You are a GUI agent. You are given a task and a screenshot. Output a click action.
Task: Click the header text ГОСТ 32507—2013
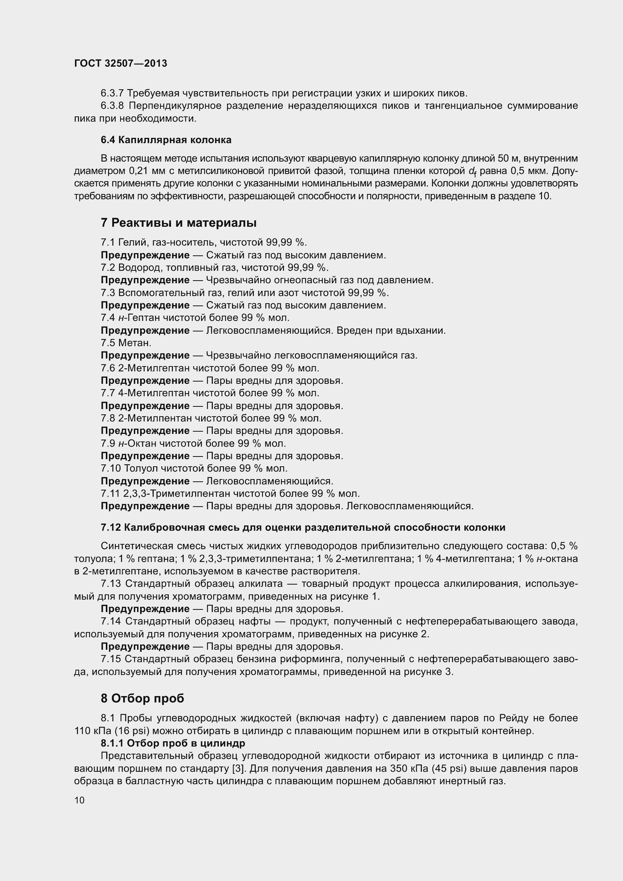tap(121, 63)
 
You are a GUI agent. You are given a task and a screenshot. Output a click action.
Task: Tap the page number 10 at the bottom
tap(79, 800)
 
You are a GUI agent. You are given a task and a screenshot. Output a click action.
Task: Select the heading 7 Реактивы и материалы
tap(179, 223)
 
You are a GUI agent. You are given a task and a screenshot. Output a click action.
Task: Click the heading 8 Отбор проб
tap(142, 698)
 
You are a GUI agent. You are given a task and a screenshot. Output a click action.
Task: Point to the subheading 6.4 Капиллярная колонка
tap(166, 140)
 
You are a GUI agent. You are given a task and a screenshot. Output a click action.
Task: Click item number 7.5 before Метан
tap(108, 343)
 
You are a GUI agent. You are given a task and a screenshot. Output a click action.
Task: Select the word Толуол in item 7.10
tap(141, 468)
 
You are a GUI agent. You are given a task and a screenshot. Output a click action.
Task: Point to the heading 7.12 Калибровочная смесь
tap(303, 527)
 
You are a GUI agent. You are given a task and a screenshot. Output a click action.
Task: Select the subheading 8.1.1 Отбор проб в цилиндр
tap(173, 743)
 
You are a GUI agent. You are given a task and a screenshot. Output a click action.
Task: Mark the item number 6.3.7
tap(111, 93)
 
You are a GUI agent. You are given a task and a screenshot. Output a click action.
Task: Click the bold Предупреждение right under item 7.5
tap(145, 355)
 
